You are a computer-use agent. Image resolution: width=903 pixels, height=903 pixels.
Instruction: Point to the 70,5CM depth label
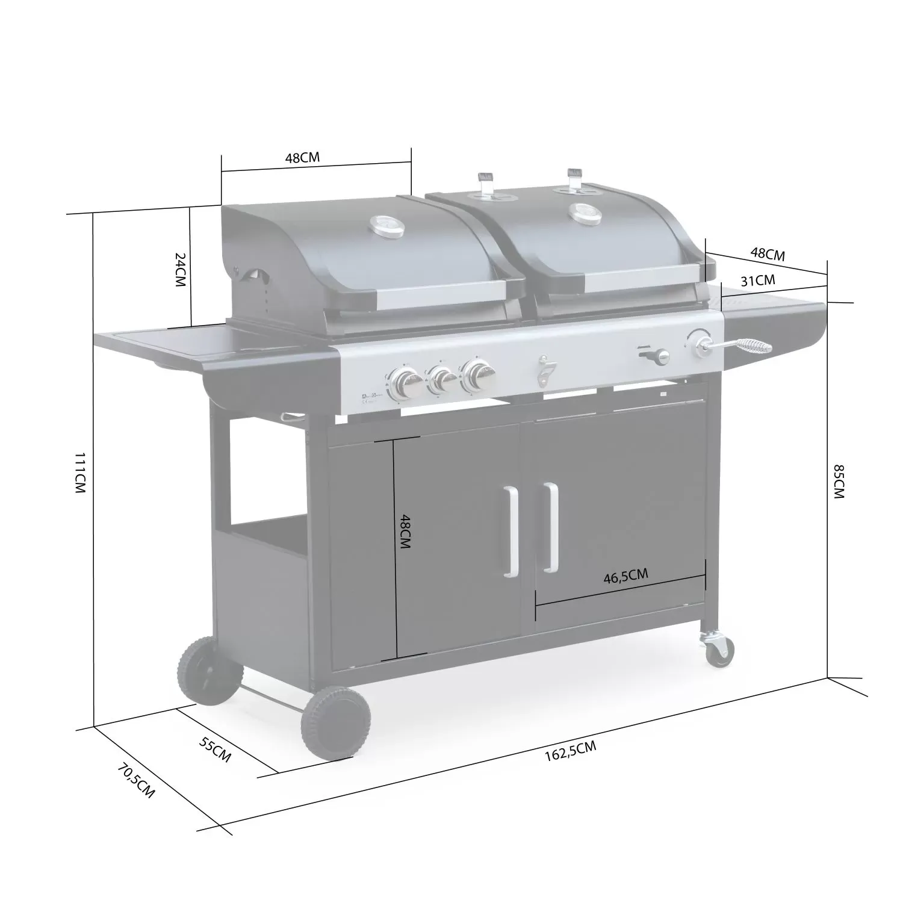[136, 780]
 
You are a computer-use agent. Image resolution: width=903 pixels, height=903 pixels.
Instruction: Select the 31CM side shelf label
[757, 280]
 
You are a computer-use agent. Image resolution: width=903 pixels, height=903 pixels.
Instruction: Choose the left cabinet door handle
[511, 532]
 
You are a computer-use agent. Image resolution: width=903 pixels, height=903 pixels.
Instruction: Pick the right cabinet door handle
[550, 527]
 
